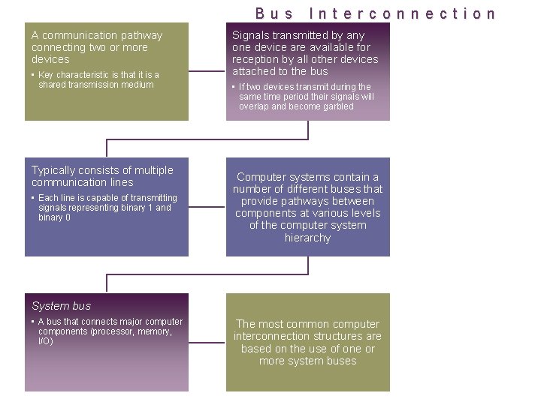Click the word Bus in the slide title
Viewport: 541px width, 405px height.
[x=274, y=13]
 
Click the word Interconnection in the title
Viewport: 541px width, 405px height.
[x=403, y=13]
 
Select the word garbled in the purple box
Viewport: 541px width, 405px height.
[x=337, y=106]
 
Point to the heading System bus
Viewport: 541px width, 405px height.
[x=61, y=306]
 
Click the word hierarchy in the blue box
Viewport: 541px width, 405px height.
[x=307, y=238]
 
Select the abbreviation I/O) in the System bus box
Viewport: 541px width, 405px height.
[x=46, y=341]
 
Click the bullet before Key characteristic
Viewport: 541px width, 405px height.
[x=33, y=75]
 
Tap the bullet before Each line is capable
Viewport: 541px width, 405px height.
[x=33, y=198]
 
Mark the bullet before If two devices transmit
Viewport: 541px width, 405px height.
[x=234, y=87]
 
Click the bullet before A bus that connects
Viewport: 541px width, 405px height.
[x=33, y=322]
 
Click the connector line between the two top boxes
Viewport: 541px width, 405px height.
[x=207, y=72]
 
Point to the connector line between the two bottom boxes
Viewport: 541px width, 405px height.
[x=207, y=343]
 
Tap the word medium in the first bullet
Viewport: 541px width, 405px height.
[x=139, y=85]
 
